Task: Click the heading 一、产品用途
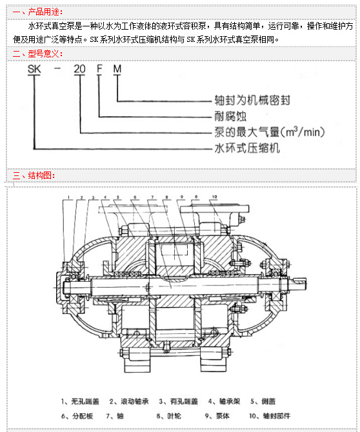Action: tap(38, 12)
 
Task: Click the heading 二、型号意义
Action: tap(38, 54)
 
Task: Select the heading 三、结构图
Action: tap(34, 175)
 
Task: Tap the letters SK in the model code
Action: tap(34, 69)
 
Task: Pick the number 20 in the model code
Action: tap(79, 69)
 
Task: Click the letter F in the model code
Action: tap(99, 69)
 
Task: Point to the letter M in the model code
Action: tap(117, 69)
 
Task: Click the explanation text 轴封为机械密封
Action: tap(252, 101)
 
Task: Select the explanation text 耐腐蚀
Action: tap(230, 116)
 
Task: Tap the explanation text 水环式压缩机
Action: tap(247, 148)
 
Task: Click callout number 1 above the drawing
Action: tap(68, 197)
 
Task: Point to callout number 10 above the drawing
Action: tap(214, 197)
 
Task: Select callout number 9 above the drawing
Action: tap(182, 197)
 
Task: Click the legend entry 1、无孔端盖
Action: tap(80, 402)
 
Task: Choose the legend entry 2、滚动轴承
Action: tap(129, 402)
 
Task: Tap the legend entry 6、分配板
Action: tap(77, 416)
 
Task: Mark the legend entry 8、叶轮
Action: tap(168, 416)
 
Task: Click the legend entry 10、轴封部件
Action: tap(270, 416)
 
